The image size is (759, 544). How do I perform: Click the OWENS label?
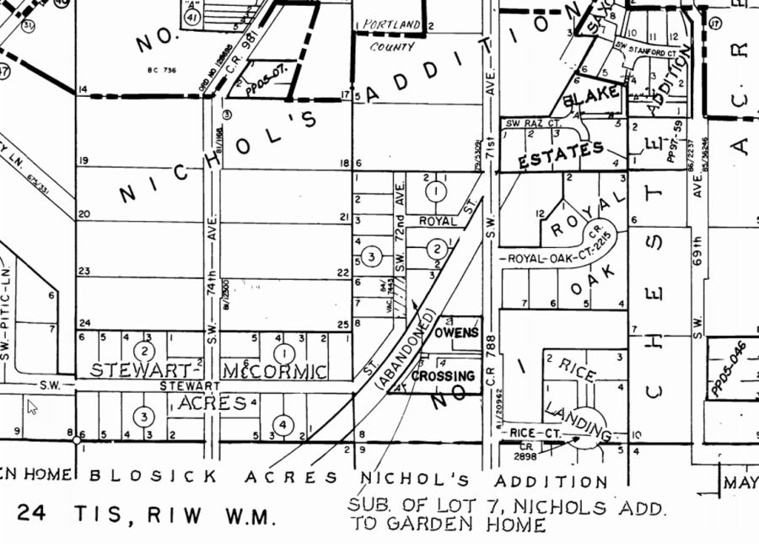coord(456,332)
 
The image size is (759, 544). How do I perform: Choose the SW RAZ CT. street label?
coord(534,123)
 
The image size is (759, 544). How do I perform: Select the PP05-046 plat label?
coord(726,372)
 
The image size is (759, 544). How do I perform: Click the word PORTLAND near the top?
coord(391,26)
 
